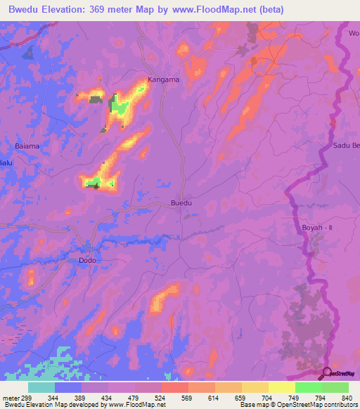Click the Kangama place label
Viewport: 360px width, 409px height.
coord(162,79)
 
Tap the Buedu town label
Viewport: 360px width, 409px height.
coord(181,204)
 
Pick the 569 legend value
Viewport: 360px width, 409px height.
coord(188,397)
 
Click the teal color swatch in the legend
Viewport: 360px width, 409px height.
coord(41,387)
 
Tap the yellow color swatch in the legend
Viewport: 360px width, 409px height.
coord(281,387)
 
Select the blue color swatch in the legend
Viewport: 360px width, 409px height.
coord(68,387)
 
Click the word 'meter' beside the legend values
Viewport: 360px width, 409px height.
coord(11,397)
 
